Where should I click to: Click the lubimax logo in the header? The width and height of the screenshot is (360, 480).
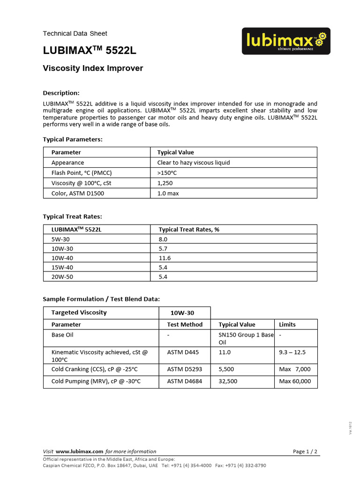[286, 41]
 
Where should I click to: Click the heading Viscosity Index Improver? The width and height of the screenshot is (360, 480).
[93, 68]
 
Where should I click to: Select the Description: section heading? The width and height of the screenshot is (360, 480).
[61, 93]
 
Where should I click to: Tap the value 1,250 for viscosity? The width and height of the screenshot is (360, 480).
[165, 183]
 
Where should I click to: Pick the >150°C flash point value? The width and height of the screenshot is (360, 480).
[167, 173]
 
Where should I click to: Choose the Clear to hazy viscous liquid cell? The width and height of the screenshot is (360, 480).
[194, 163]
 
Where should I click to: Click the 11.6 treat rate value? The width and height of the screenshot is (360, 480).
[165, 258]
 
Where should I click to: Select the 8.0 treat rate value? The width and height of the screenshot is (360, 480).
[163, 239]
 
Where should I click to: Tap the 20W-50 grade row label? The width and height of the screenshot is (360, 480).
[62, 277]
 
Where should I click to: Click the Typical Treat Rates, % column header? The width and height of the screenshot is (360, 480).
[189, 229]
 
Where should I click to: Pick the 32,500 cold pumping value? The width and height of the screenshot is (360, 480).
[228, 381]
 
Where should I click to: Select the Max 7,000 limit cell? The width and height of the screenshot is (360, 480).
[295, 369]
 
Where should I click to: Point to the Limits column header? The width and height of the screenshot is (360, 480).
[287, 324]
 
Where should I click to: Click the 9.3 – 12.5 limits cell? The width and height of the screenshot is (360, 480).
[292, 352]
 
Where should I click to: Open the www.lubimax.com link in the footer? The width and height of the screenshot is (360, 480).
[80, 451]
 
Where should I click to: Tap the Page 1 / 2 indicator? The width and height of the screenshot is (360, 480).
[305, 451]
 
